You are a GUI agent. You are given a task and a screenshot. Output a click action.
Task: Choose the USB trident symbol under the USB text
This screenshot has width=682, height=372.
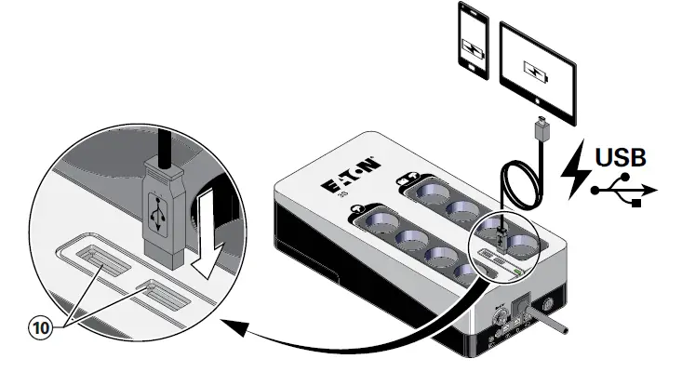[624, 192]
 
